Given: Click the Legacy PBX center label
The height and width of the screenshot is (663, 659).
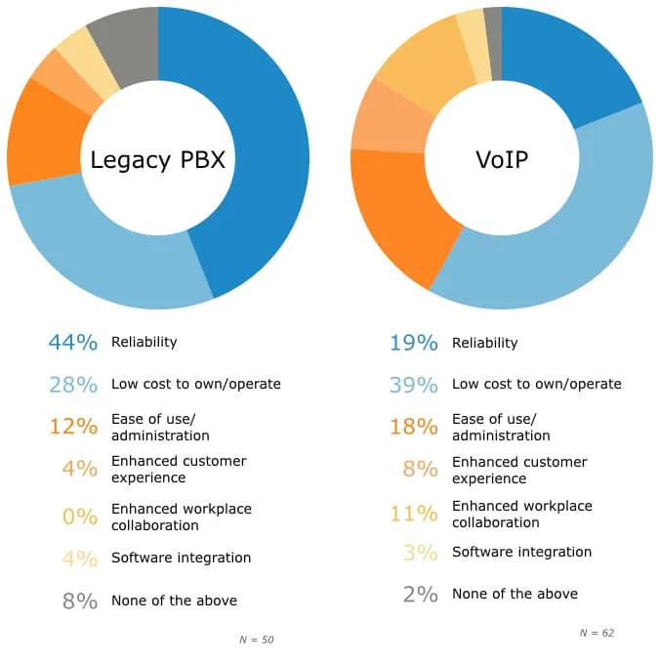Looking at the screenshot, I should [157, 159].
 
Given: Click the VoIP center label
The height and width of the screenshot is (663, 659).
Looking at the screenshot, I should [501, 159].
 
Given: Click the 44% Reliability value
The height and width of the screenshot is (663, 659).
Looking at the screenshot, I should [73, 343].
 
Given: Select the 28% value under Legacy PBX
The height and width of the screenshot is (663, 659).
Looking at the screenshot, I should [73, 385].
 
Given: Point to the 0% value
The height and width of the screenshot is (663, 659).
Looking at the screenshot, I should [80, 517].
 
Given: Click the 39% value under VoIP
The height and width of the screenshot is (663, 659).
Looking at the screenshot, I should [413, 385].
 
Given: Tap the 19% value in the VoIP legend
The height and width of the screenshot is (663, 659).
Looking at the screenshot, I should [413, 343].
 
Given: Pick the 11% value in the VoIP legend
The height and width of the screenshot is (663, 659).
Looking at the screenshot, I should [414, 514].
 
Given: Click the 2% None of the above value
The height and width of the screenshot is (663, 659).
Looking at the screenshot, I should [420, 594].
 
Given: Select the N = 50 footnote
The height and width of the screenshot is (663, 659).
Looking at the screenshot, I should [256, 640].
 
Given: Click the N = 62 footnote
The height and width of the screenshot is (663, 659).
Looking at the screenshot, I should [597, 633].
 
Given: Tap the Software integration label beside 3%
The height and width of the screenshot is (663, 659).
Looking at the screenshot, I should [521, 552].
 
